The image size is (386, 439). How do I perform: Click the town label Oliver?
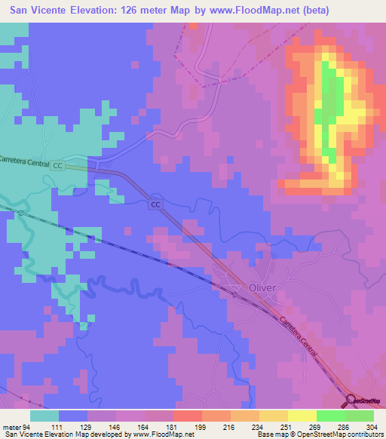(x=263, y=287)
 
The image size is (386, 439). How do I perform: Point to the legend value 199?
(x=200, y=427)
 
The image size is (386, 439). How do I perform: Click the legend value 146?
(x=114, y=427)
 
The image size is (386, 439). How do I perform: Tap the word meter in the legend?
(x=11, y=427)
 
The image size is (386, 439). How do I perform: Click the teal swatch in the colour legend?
(x=44, y=416)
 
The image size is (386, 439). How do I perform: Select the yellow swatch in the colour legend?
(x=302, y=416)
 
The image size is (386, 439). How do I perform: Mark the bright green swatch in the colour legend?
(x=330, y=416)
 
